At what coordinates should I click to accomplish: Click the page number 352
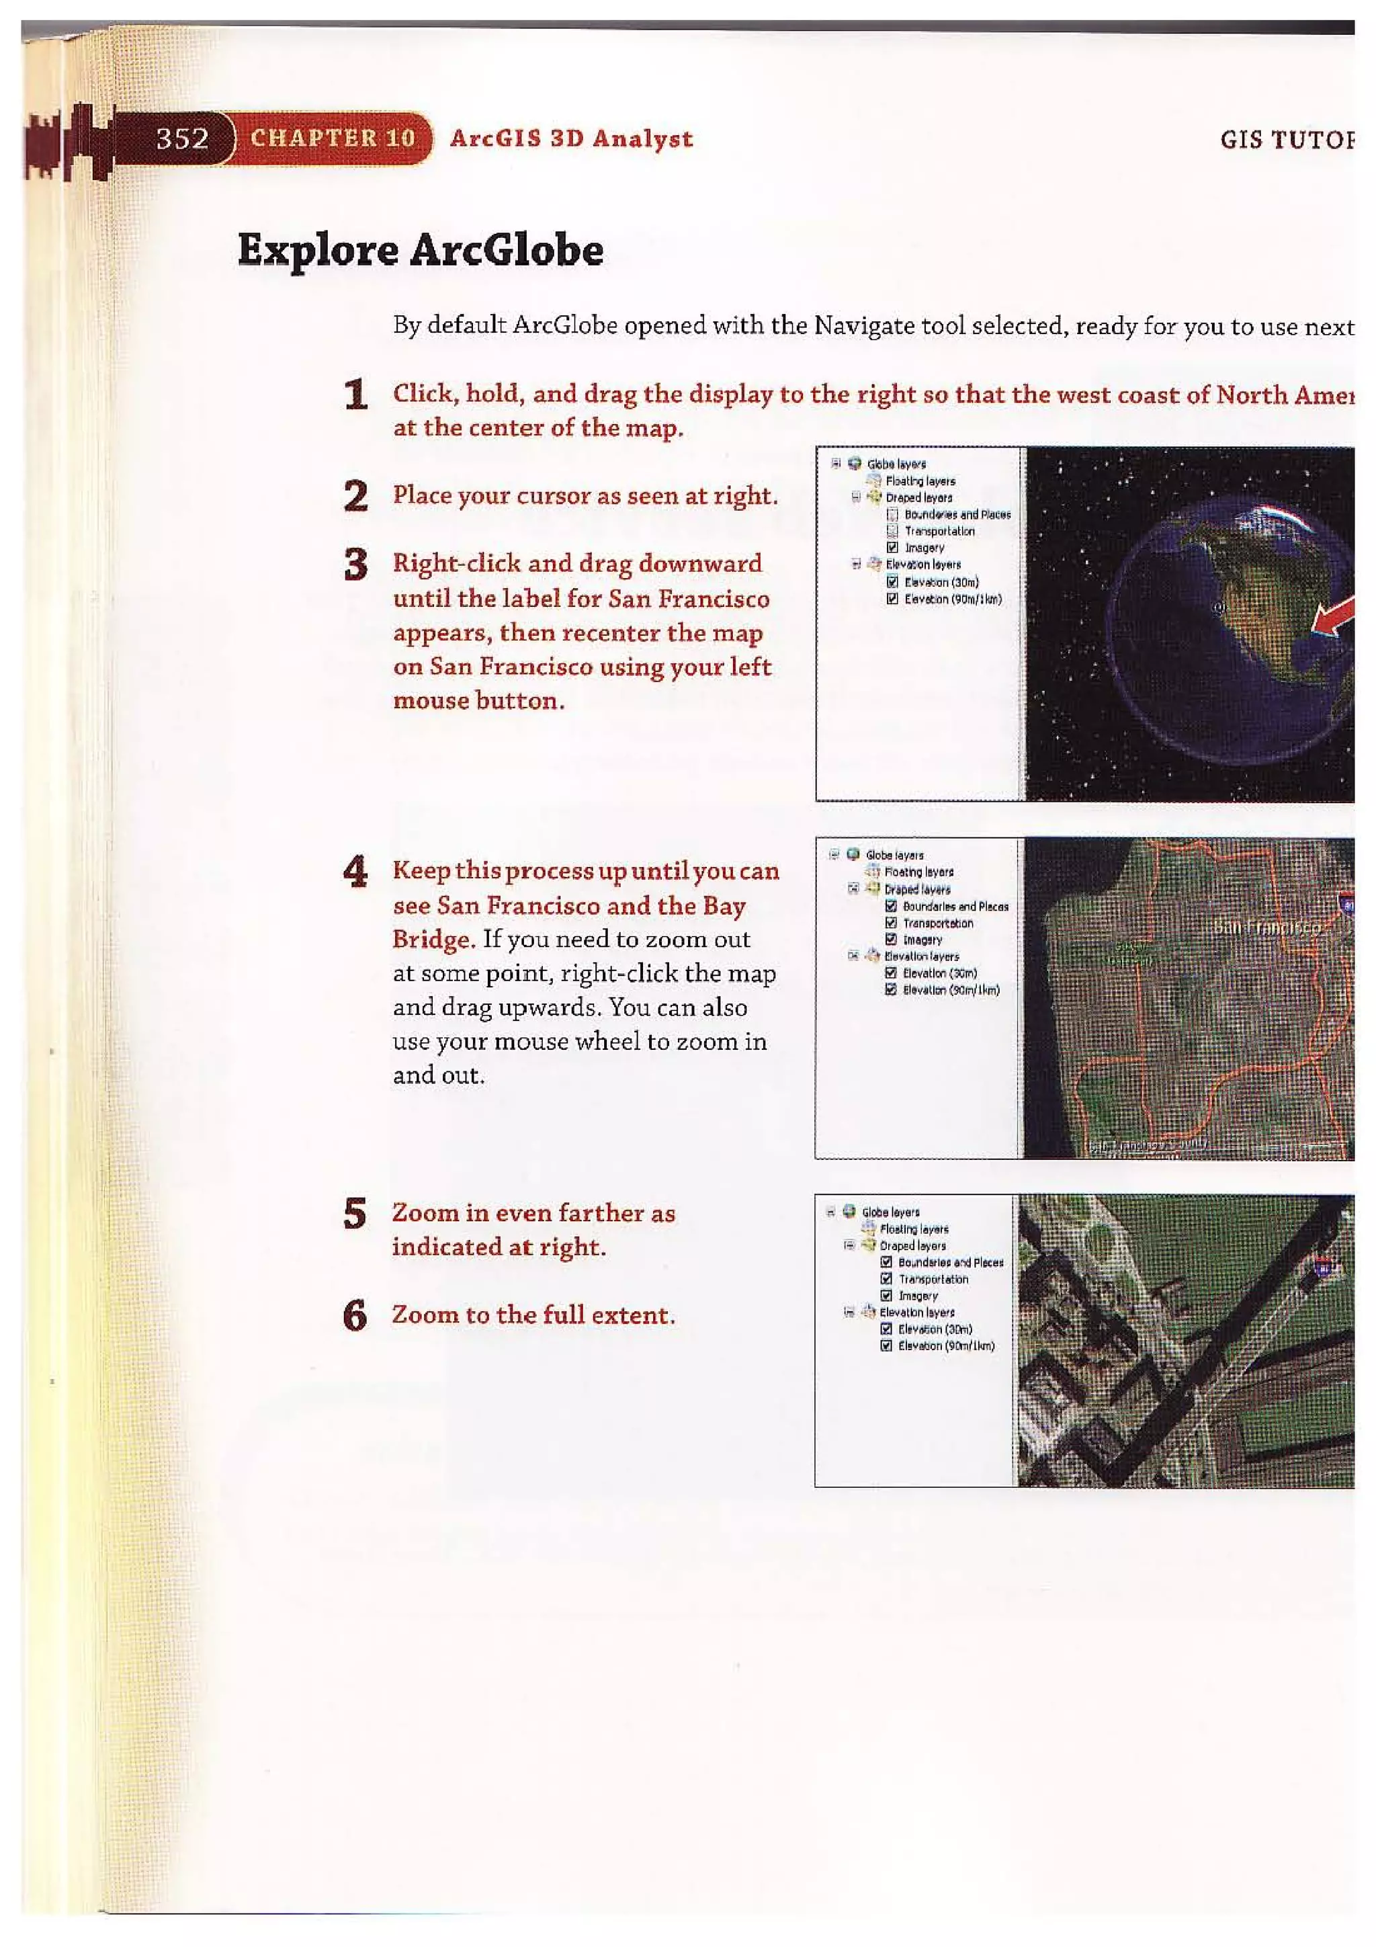[182, 138]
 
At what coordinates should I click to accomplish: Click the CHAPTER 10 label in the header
[333, 138]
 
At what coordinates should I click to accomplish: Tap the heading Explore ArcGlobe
[421, 250]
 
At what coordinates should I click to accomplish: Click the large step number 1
[357, 396]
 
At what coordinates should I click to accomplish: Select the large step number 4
[356, 872]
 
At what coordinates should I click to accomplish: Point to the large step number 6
[356, 1316]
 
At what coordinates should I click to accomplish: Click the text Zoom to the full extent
[533, 1315]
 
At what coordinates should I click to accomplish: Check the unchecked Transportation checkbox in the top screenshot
[892, 531]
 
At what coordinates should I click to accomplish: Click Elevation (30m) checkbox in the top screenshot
[892, 582]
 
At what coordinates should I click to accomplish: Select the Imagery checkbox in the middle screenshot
[890, 940]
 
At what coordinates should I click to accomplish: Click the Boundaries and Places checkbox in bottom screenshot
[886, 1263]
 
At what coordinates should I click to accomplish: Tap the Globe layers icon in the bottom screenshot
[849, 1211]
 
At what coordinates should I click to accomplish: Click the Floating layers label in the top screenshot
[920, 481]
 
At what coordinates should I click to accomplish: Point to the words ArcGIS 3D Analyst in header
[570, 138]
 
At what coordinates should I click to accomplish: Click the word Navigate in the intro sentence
[859, 326]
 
